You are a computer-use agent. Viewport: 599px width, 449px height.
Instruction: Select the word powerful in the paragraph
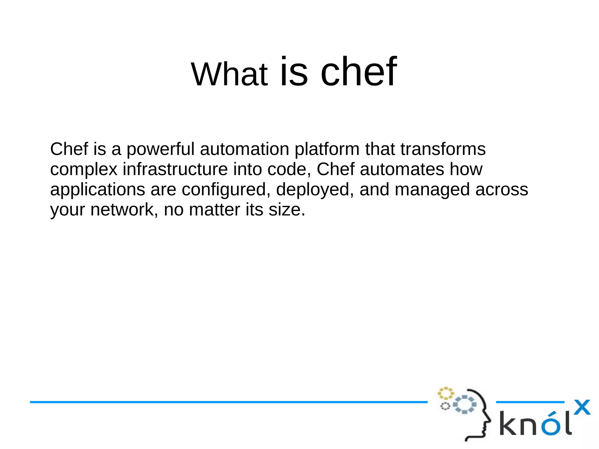(x=160, y=149)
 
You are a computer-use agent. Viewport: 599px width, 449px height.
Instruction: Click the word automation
(x=245, y=149)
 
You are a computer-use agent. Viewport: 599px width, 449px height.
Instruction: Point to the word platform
(x=327, y=149)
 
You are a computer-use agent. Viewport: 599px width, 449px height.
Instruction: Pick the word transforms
(x=443, y=149)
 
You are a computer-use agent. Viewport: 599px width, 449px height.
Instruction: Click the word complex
(x=84, y=170)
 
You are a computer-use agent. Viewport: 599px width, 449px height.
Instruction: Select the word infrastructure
(x=175, y=169)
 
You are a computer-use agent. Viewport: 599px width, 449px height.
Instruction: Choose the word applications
(x=97, y=190)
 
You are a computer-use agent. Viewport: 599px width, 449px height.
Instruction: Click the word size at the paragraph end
(x=287, y=209)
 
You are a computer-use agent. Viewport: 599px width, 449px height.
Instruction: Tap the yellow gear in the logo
(x=445, y=393)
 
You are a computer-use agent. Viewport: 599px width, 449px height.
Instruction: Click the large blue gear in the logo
(x=465, y=405)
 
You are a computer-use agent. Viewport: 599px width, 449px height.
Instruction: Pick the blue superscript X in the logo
(x=582, y=407)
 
